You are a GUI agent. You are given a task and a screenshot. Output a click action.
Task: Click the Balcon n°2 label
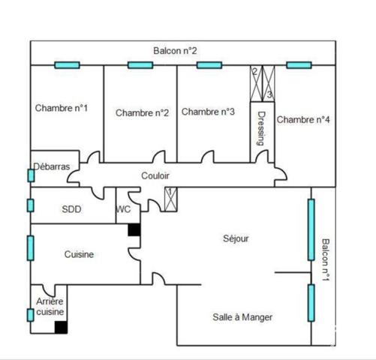[175, 51]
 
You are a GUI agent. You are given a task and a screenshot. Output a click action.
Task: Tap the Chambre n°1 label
[62, 108]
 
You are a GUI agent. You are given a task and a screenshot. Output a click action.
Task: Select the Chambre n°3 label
[208, 112]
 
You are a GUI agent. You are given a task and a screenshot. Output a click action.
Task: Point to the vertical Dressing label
[261, 128]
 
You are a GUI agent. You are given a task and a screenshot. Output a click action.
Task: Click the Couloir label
[155, 175]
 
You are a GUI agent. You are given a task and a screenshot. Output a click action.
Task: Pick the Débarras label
[52, 166]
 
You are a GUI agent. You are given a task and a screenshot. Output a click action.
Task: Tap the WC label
[123, 209]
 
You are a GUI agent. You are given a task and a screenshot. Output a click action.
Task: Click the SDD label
[71, 209]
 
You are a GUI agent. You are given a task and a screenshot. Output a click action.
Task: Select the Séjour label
[236, 238]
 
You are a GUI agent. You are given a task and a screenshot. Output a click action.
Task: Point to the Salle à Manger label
[242, 317]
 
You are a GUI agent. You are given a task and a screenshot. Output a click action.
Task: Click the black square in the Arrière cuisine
[61, 327]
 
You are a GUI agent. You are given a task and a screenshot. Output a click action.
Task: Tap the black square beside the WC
[134, 229]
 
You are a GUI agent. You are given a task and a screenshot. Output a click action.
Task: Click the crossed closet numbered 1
[171, 199]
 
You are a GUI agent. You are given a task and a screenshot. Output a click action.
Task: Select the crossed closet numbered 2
[257, 83]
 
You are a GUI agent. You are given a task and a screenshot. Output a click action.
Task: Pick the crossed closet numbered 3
[269, 83]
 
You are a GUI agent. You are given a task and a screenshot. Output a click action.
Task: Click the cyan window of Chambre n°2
[140, 65]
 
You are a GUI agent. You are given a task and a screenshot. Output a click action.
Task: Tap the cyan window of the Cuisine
[31, 248]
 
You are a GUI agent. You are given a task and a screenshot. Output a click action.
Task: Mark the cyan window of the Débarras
[31, 175]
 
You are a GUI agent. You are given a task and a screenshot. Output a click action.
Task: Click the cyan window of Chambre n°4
[299, 65]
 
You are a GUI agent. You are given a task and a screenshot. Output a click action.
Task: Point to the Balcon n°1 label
[326, 260]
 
